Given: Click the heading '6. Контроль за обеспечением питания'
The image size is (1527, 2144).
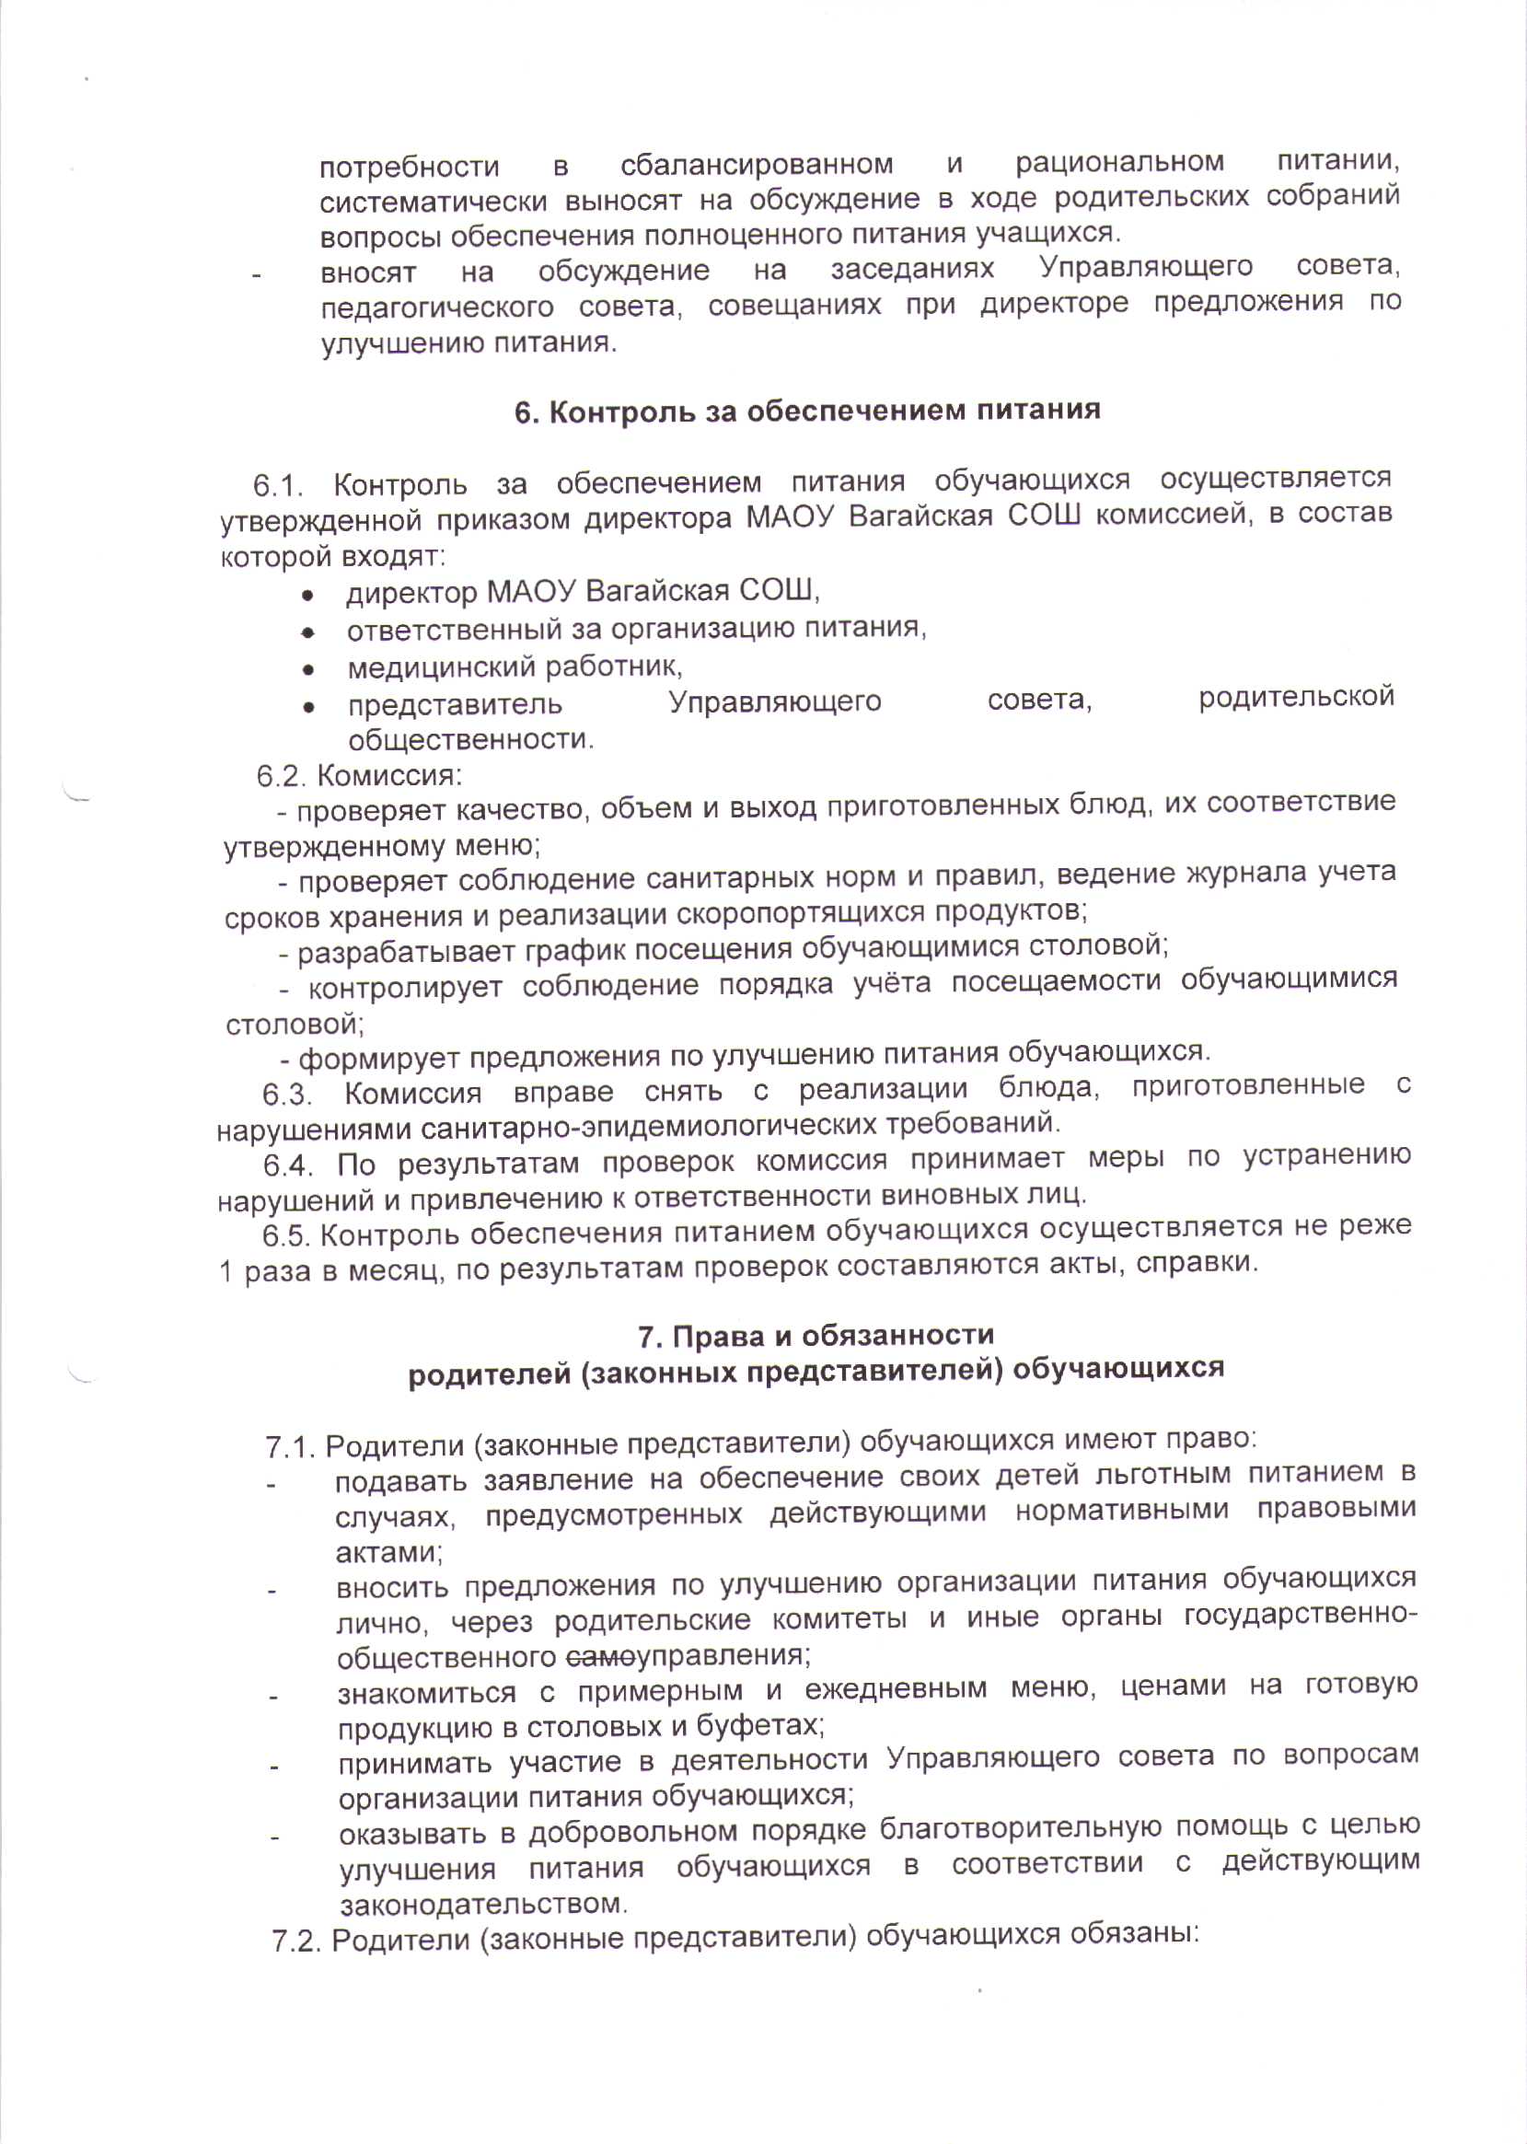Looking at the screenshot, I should [x=806, y=411].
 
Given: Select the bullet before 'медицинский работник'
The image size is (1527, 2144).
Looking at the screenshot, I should [x=307, y=670].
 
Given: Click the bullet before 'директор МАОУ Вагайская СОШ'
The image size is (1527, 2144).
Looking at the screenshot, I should [x=307, y=597].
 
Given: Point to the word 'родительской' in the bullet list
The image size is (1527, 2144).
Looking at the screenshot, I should [x=1296, y=698].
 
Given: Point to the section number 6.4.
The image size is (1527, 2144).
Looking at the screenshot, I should [x=288, y=1167].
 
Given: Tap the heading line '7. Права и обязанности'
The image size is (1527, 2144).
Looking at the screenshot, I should [x=816, y=1336].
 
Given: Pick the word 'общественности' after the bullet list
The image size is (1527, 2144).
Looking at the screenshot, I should [x=470, y=739].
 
